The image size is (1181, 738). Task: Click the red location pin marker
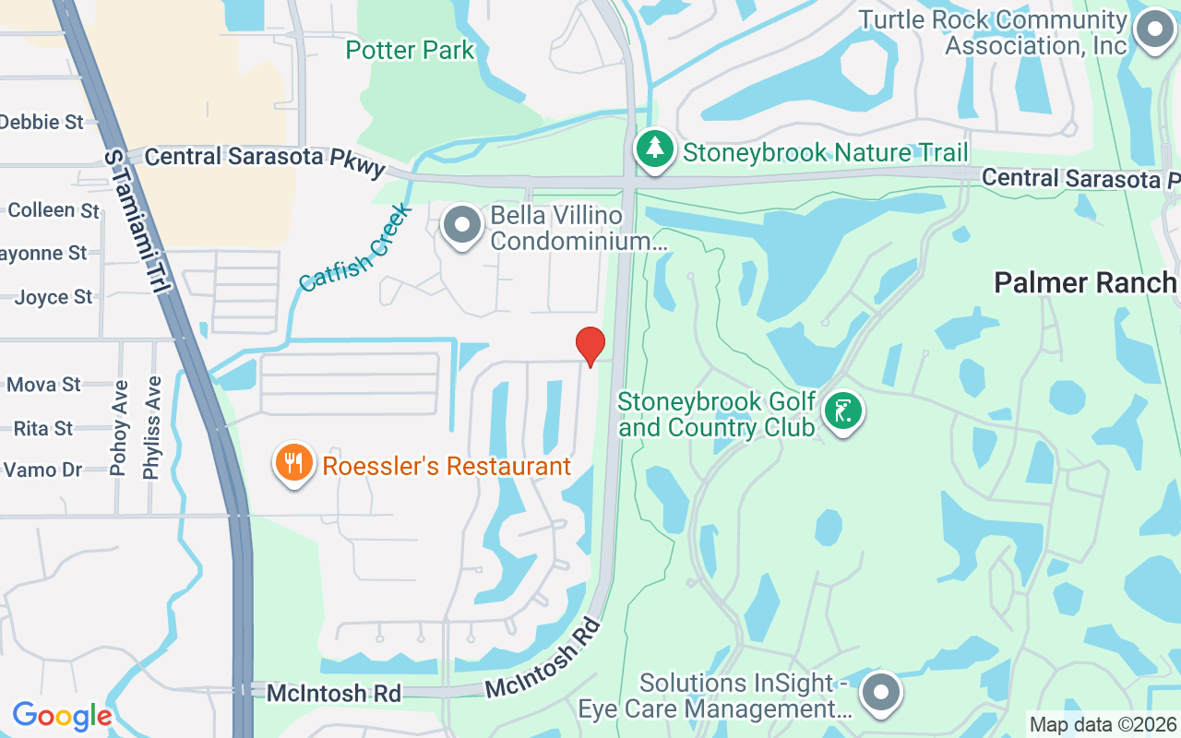tap(590, 346)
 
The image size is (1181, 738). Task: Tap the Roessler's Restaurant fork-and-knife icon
tap(294, 463)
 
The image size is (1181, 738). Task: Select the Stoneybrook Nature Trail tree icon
tap(655, 149)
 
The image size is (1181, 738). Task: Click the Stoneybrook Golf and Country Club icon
tap(842, 411)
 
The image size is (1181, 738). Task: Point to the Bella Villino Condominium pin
tap(462, 226)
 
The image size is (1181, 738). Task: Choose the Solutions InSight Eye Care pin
tap(881, 692)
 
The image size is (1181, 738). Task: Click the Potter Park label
tap(410, 50)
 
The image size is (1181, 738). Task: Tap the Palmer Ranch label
tap(1085, 283)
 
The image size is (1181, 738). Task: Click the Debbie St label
tap(42, 122)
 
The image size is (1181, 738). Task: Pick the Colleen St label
tap(54, 210)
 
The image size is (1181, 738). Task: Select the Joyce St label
tap(54, 297)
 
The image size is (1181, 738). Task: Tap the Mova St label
tap(44, 385)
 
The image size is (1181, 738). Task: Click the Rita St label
tap(43, 429)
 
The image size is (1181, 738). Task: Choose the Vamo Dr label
tap(43, 470)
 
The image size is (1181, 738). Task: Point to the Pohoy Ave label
tap(118, 427)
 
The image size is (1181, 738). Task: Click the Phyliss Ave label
tap(151, 427)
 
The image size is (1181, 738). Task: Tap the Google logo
tap(62, 716)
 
